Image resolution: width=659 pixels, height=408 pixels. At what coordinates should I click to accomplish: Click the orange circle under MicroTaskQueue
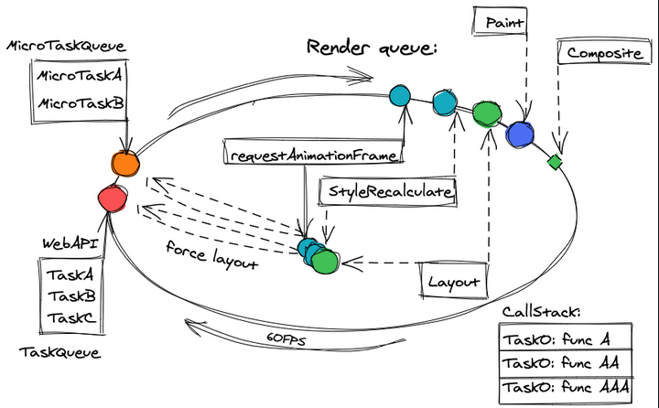coord(124,164)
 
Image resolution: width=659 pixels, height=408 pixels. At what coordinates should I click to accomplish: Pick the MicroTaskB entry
coord(80,104)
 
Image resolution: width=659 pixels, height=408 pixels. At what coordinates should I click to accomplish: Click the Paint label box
coord(501,19)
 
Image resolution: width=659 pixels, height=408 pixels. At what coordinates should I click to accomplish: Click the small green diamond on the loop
coord(553,163)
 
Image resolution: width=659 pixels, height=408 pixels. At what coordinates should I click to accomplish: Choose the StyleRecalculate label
coord(386,192)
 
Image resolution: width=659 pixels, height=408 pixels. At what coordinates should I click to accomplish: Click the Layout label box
coord(454,282)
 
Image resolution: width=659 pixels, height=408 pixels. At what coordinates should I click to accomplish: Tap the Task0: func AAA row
coord(566,388)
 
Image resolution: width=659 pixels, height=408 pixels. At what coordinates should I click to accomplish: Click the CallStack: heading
coord(542,313)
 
